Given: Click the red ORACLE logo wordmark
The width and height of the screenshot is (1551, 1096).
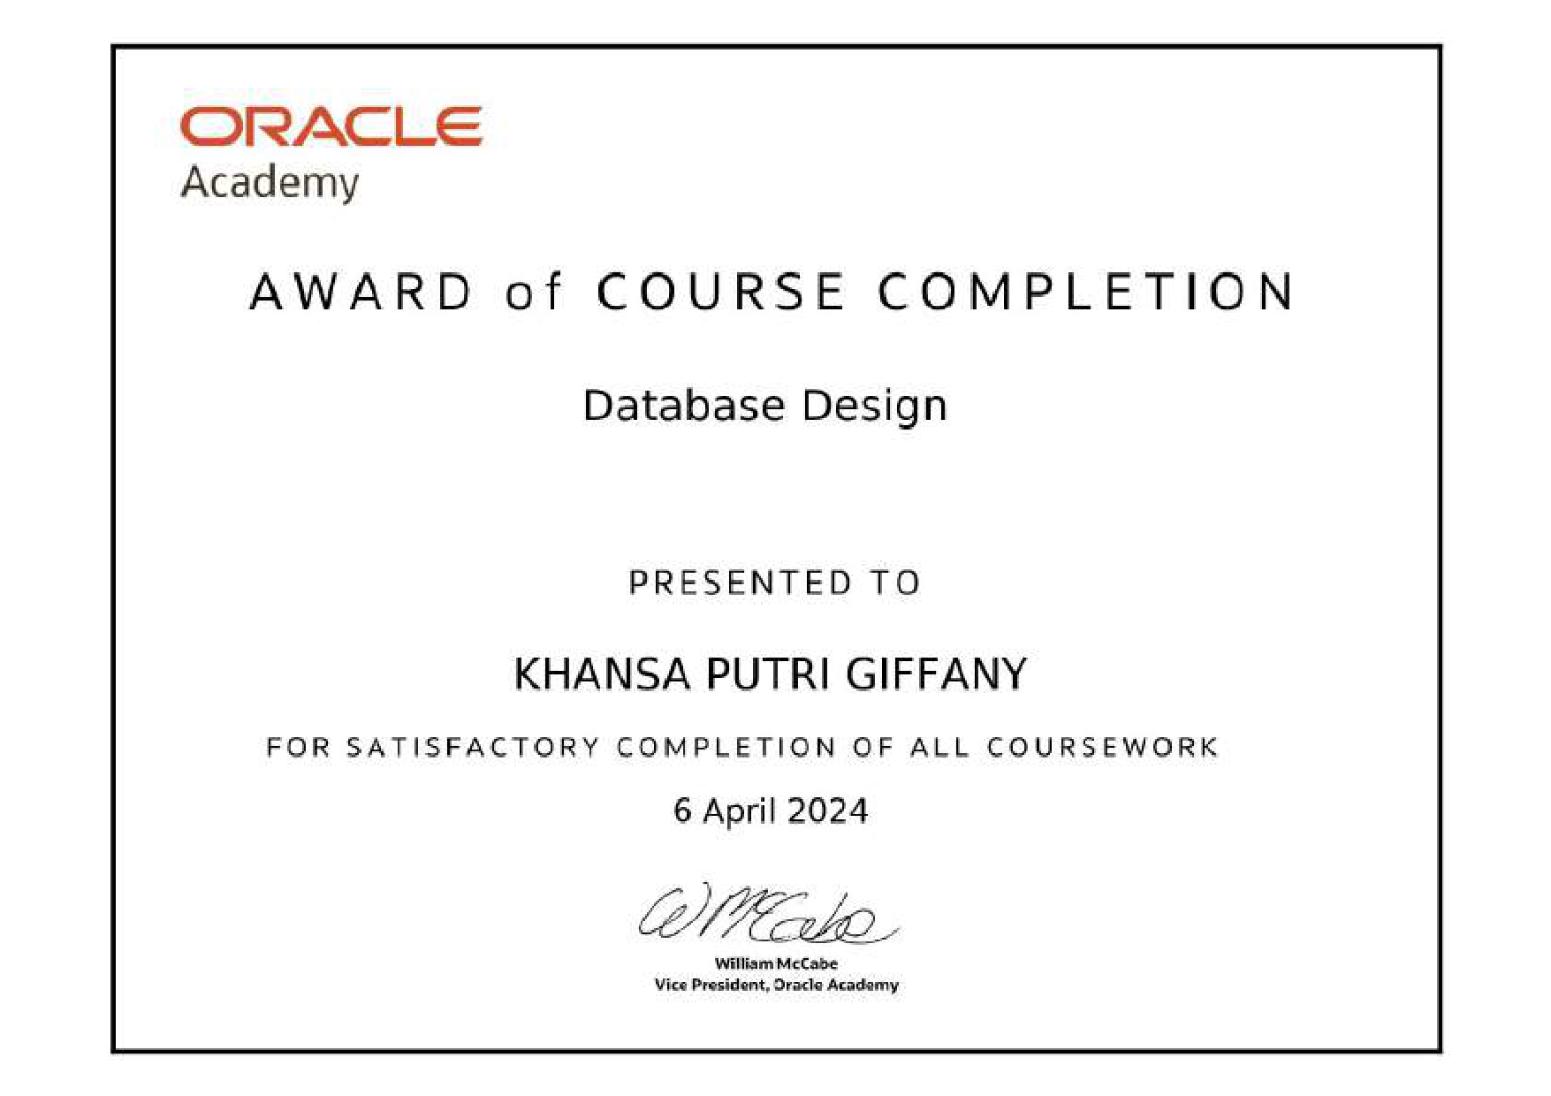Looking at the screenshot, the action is pyautogui.click(x=331, y=126).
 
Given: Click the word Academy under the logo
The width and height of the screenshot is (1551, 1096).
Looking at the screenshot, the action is pyautogui.click(x=270, y=184).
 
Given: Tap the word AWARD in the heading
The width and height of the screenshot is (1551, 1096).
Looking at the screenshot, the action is pyautogui.click(x=362, y=292).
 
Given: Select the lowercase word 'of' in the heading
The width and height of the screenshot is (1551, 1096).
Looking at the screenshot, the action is pyautogui.click(x=533, y=292).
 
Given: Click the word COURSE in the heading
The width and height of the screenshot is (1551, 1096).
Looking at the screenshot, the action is pyautogui.click(x=721, y=292).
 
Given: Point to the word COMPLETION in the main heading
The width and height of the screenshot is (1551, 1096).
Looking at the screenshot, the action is pyautogui.click(x=1086, y=292).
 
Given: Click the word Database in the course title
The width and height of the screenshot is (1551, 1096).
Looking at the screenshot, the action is pyautogui.click(x=684, y=406).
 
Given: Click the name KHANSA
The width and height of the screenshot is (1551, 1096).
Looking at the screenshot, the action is pyautogui.click(x=602, y=674).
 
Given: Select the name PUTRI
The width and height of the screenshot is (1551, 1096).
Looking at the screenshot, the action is pyautogui.click(x=768, y=674).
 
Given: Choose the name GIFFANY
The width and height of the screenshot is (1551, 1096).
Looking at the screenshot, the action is pyautogui.click(x=937, y=674).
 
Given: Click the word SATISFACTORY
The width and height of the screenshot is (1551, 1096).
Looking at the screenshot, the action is pyautogui.click(x=473, y=748).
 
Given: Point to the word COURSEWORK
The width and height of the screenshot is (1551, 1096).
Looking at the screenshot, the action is pyautogui.click(x=1103, y=748).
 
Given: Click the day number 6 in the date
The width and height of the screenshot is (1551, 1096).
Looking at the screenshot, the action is pyautogui.click(x=682, y=811).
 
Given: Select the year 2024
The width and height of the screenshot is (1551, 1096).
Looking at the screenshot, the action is pyautogui.click(x=827, y=811).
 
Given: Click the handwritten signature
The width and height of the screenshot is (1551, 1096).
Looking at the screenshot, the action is pyautogui.click(x=767, y=914).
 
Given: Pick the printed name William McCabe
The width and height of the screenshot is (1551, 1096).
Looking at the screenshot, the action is pyautogui.click(x=776, y=963).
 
